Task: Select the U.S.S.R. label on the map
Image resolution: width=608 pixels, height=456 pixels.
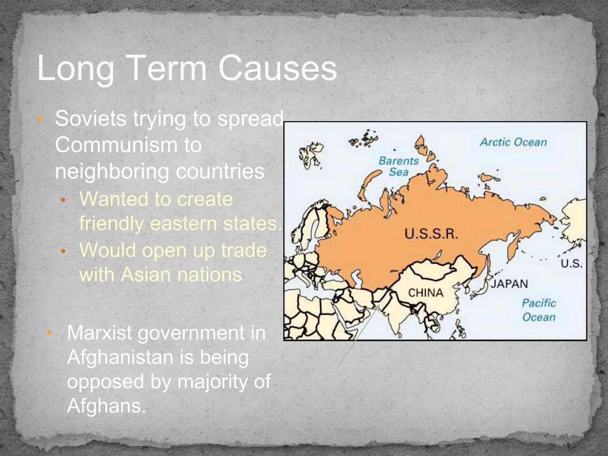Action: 431,234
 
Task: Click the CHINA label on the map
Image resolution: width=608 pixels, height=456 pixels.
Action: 426,293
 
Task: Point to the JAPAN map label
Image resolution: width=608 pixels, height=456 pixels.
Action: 509,284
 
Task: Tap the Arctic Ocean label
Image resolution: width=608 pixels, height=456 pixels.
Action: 513,142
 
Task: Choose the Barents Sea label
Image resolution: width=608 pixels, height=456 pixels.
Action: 399,166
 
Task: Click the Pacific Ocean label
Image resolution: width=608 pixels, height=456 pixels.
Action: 539,310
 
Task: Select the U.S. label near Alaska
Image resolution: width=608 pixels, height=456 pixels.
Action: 571,263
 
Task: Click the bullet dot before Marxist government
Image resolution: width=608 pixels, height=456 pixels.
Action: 50,332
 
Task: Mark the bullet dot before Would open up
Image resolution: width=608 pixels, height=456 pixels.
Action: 63,251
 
